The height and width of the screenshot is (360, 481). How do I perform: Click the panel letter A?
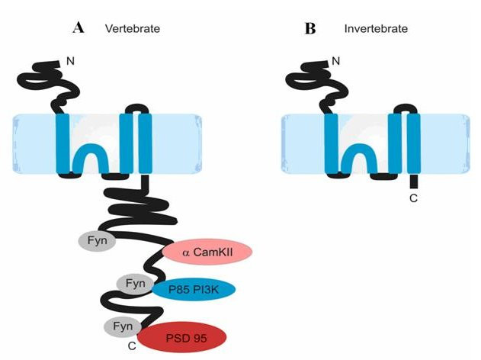(x=79, y=28)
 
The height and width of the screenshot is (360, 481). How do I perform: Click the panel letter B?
(x=310, y=28)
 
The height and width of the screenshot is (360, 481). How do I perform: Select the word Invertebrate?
(x=375, y=29)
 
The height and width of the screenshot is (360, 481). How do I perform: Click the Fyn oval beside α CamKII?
(x=97, y=242)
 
